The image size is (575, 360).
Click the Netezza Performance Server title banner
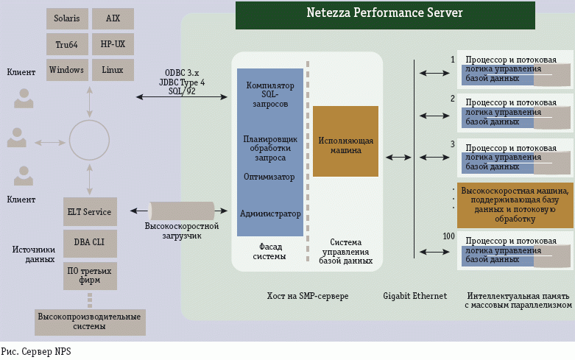coord(385,14)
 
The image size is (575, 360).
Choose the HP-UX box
coord(113,44)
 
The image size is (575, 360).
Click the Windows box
coord(66,70)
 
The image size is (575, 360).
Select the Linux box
coord(113,70)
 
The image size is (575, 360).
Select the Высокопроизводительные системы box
coord(91,322)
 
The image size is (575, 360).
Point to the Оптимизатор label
coord(269,177)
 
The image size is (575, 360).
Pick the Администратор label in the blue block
coord(270,213)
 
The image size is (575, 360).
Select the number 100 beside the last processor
coord(448,236)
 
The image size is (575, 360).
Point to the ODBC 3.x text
coord(182,74)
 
